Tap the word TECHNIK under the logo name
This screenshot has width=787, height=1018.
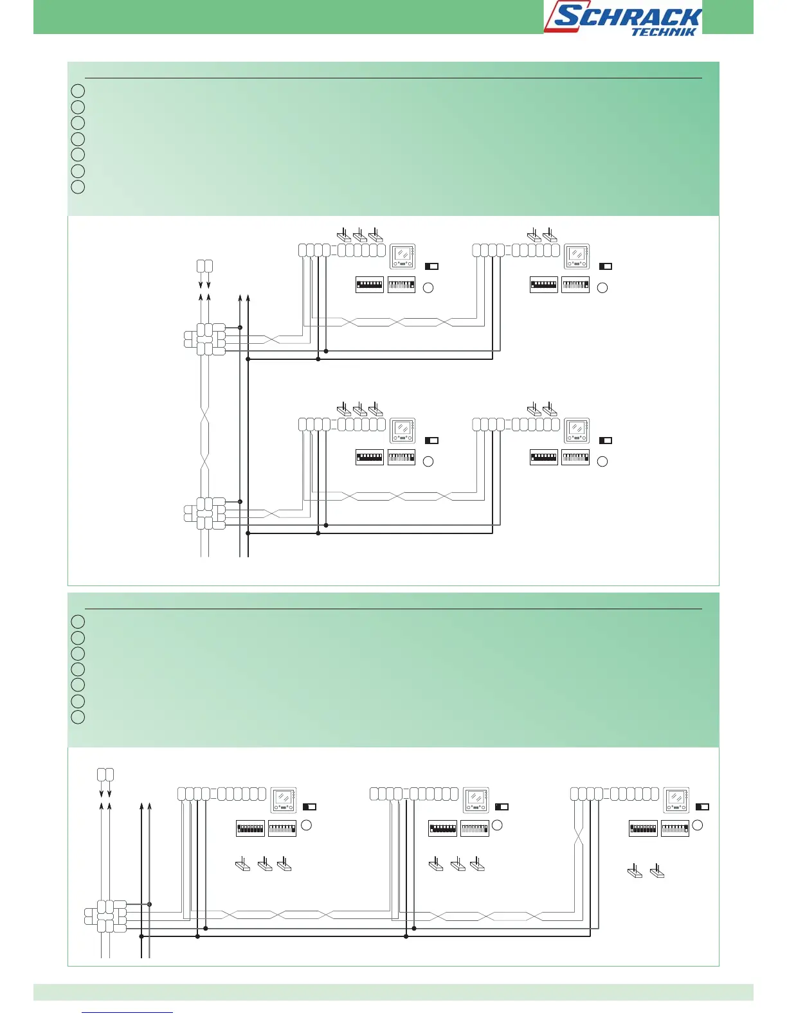664,31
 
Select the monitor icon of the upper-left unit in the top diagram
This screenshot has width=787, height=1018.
403,256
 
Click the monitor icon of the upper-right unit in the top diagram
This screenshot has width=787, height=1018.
577,256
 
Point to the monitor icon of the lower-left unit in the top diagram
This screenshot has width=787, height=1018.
403,431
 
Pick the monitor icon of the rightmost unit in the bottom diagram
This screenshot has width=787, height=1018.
676,800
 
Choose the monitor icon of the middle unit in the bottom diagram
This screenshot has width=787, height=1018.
476,800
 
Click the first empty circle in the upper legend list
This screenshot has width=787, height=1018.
78,91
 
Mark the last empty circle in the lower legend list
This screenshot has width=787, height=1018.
78,717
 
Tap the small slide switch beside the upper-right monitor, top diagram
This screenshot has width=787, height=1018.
606,266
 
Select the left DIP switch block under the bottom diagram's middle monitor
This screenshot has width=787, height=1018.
442,828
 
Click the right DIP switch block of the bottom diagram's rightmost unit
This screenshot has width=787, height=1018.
675,828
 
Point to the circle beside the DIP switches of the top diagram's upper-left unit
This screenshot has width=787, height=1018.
428,287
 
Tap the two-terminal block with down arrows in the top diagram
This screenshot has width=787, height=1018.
204,266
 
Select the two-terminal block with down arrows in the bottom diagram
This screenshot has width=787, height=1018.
105,774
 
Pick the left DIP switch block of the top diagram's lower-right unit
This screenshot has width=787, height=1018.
544,458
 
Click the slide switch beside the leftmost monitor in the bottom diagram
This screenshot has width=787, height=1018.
309,807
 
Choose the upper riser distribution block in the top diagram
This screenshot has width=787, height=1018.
206,339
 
